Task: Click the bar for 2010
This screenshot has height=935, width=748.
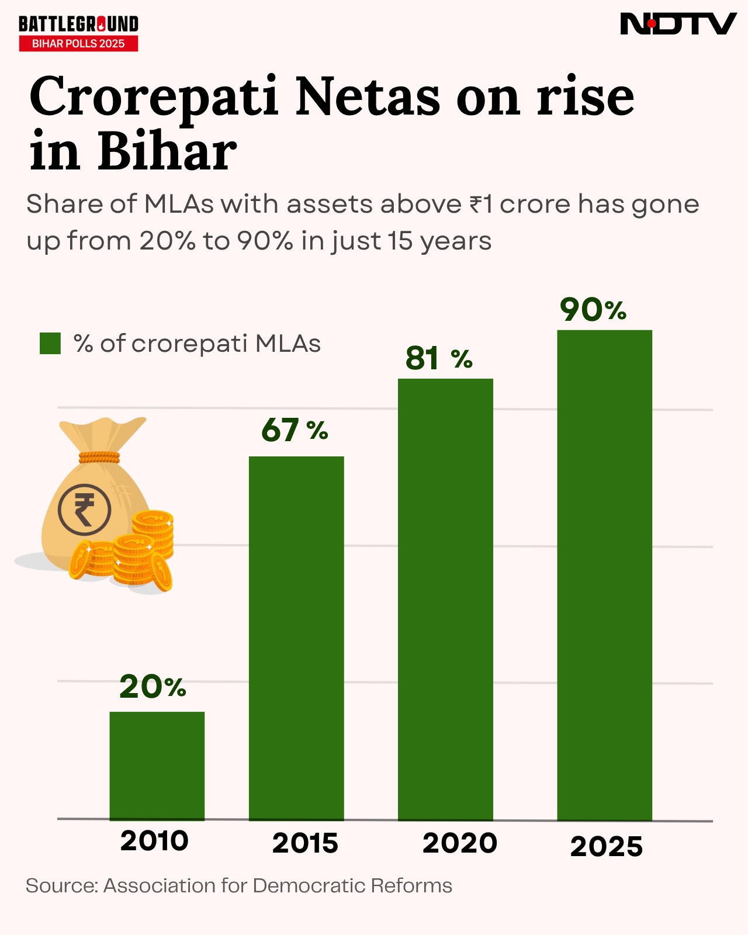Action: coord(157,766)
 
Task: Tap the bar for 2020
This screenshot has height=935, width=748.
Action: coord(445,599)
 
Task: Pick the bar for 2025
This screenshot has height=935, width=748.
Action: coord(604,575)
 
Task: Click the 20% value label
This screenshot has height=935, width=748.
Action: coord(153,687)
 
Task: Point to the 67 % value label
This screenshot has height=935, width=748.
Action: coord(295,430)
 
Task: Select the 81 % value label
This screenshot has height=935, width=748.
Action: coord(439,358)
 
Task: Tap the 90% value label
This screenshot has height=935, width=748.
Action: coord(593,309)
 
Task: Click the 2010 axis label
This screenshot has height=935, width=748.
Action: coord(154,841)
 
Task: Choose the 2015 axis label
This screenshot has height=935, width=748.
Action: coord(305,843)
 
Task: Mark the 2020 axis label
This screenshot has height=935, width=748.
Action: coord(459,843)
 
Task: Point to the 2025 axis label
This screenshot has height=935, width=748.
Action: coord(606,847)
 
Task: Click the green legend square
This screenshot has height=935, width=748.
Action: coord(50,344)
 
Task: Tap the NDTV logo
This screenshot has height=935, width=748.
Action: coord(677,24)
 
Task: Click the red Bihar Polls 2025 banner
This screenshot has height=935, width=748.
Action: coord(78,44)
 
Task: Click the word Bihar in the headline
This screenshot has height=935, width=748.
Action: coord(167,152)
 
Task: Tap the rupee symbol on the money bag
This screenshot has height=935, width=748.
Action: coord(84,510)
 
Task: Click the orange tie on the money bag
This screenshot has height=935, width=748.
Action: coord(99,457)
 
